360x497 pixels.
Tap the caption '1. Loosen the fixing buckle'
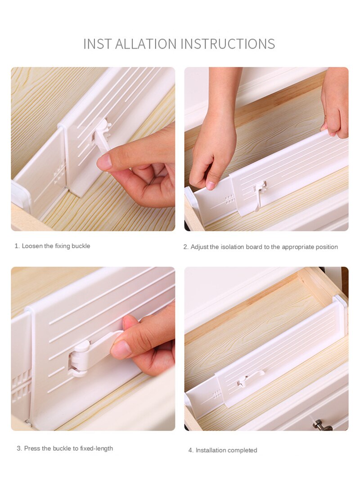52,246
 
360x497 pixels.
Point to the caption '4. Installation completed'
223,450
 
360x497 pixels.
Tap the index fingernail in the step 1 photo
105,162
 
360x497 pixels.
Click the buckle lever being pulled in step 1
101,137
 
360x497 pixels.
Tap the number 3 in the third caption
19,448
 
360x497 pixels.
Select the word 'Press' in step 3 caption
32,448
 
